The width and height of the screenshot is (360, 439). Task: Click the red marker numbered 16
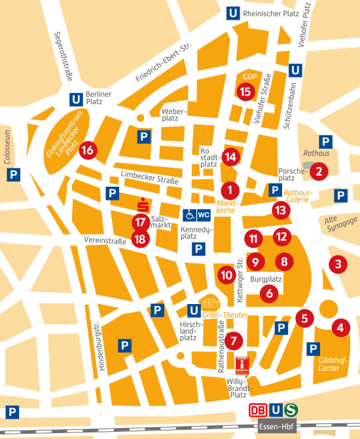pyautogui.click(x=88, y=150)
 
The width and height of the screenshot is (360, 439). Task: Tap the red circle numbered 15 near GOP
pyautogui.click(x=245, y=91)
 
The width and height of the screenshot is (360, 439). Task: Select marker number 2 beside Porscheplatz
pyautogui.click(x=319, y=172)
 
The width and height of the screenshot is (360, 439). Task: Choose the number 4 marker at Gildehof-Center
pyautogui.click(x=340, y=326)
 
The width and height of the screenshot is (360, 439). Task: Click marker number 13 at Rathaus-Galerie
pyautogui.click(x=280, y=210)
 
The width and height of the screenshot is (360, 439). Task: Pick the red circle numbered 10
pyautogui.click(x=226, y=275)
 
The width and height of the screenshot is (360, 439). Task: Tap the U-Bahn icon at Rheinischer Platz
pyautogui.click(x=232, y=12)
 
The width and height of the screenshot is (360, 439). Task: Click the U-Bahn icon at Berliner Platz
pyautogui.click(x=76, y=100)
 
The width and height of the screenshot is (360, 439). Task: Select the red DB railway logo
pyautogui.click(x=258, y=410)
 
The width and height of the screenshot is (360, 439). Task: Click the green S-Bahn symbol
pyautogui.click(x=291, y=410)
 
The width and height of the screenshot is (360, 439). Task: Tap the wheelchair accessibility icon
pyautogui.click(x=189, y=214)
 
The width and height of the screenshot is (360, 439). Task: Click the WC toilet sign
pyautogui.click(x=204, y=214)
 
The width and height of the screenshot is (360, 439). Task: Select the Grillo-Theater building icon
pyautogui.click(x=211, y=303)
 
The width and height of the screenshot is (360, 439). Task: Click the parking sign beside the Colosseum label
pyautogui.click(x=12, y=174)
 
